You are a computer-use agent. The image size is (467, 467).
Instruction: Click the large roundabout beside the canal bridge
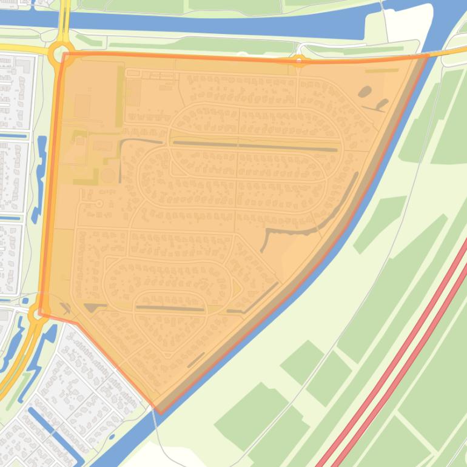pyautogui.click(x=61, y=53)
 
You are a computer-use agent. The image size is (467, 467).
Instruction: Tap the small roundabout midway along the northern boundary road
pyautogui.click(x=299, y=60)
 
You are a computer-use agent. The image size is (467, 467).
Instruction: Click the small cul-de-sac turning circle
pyautogui.click(x=99, y=204)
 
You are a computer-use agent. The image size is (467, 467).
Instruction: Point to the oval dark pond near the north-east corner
pyautogui.click(x=365, y=92)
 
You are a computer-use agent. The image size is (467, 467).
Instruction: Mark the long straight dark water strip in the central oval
pyautogui.click(x=255, y=146)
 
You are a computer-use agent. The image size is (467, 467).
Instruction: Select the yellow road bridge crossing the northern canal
pyautogui.click(x=64, y=18)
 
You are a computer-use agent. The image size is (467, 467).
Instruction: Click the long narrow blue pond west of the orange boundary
pyautogui.click(x=41, y=176)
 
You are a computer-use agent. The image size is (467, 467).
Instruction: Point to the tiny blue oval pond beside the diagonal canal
pyautogui.click(x=112, y=436)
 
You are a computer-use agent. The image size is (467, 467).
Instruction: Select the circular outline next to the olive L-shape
pyautogui.click(x=108, y=176)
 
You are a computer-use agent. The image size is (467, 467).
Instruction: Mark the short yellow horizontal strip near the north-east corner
pyautogui.click(x=382, y=70)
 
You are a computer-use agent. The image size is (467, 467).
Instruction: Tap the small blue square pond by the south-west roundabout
pyautogui.click(x=25, y=301)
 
